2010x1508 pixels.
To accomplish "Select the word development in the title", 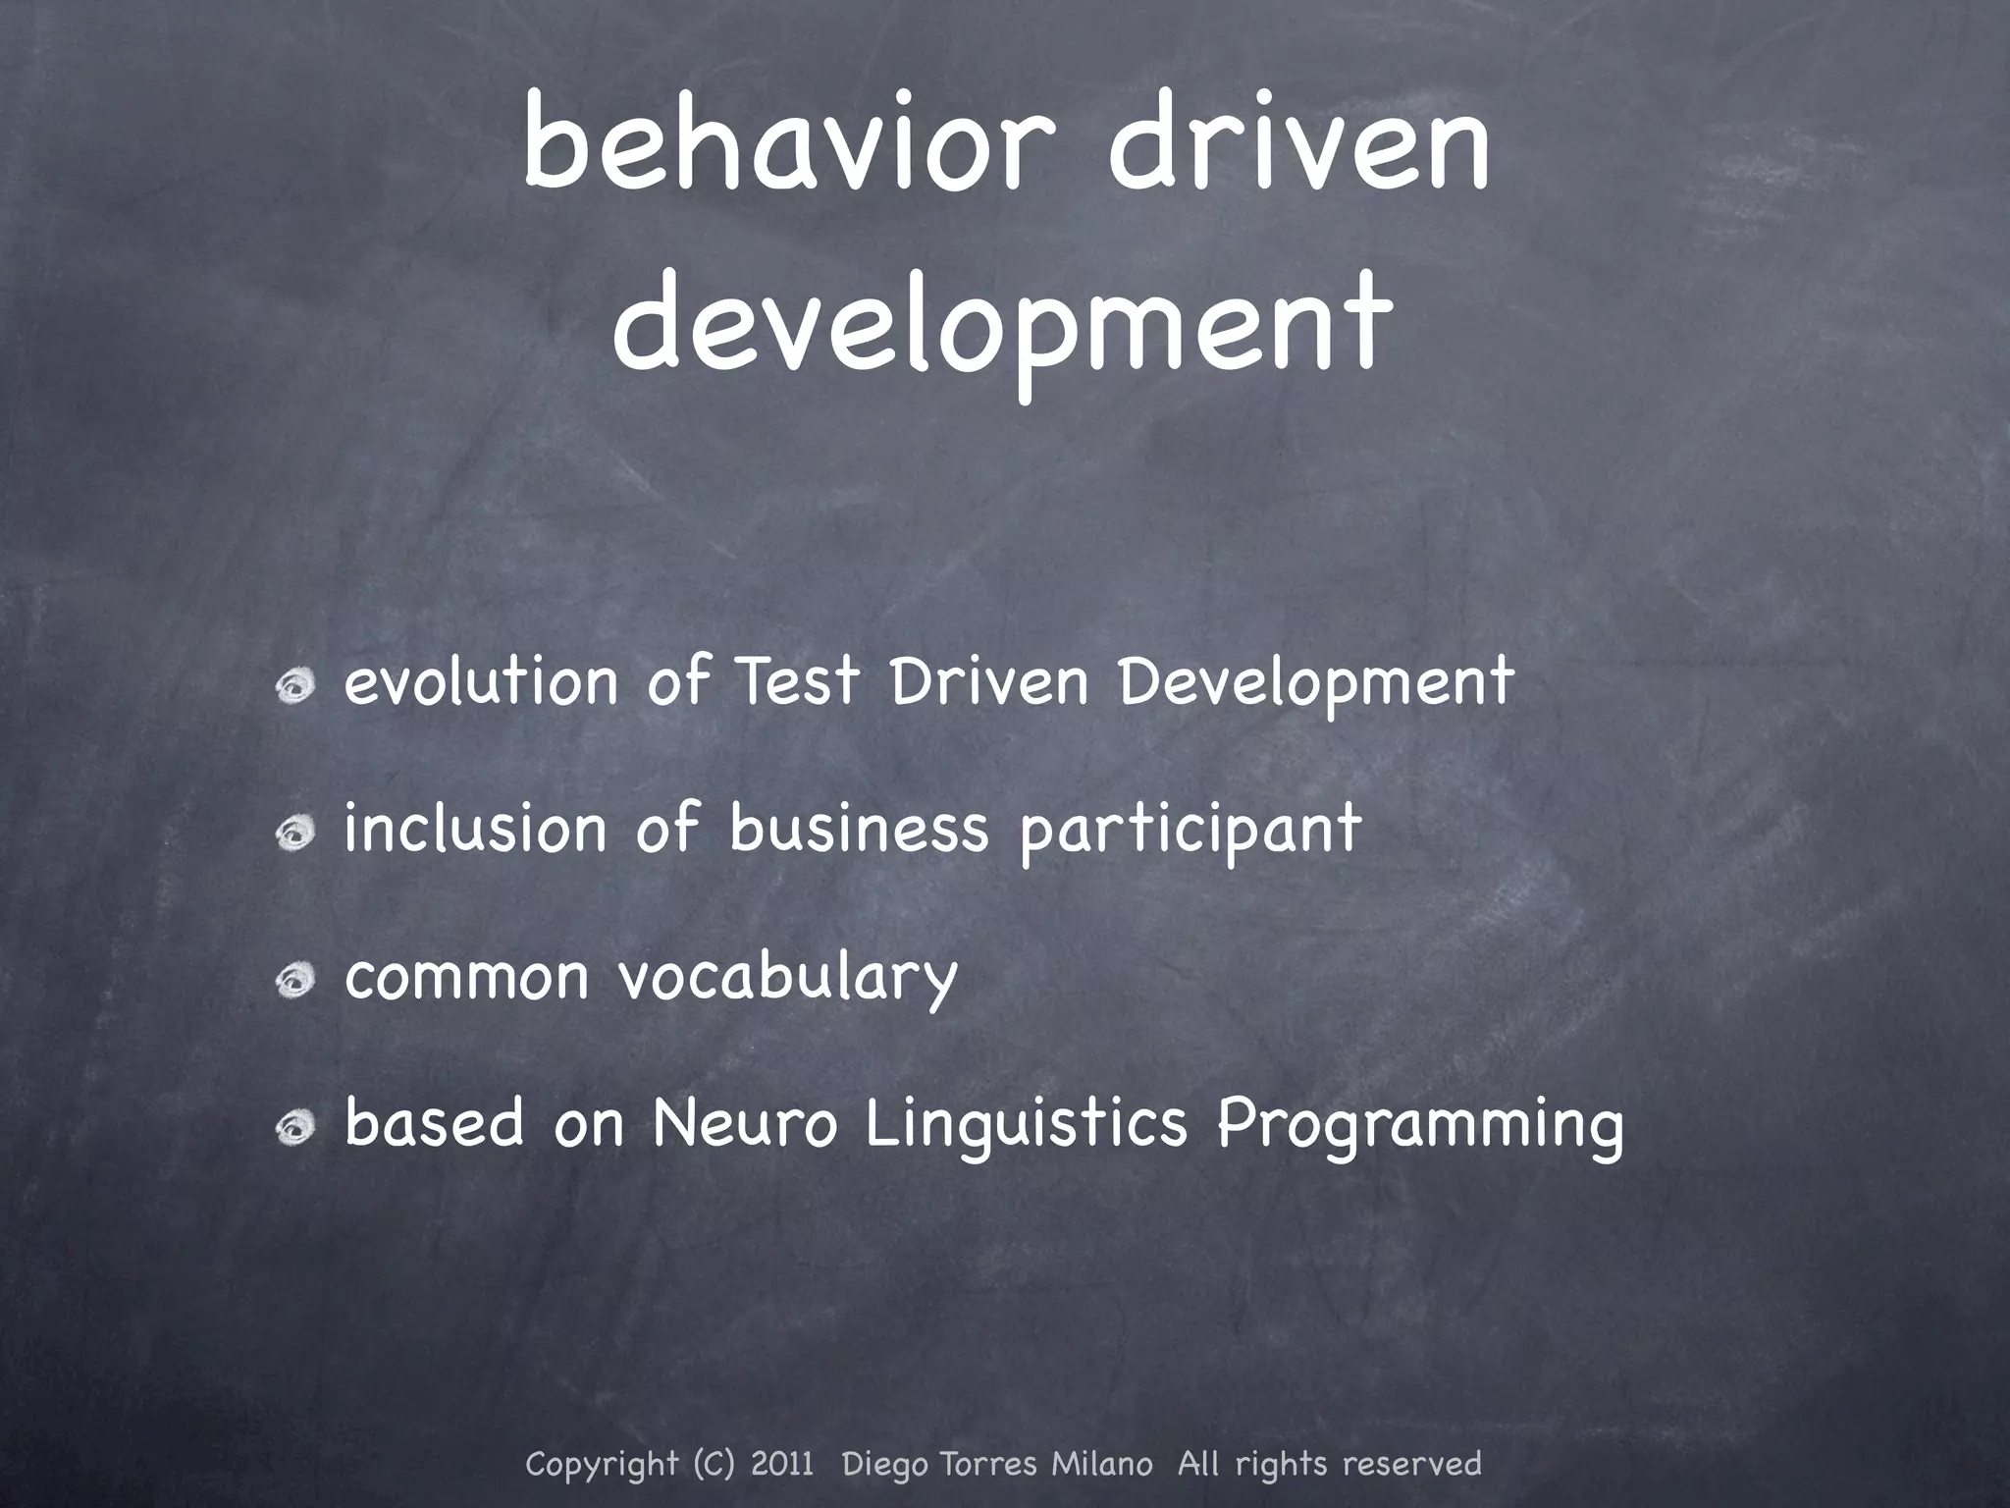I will (1002, 324).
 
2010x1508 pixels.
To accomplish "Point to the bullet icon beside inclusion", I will (293, 833).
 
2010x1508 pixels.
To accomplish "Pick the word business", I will (859, 828).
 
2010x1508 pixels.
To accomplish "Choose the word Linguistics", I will (1027, 1125).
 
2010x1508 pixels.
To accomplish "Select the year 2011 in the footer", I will (782, 1464).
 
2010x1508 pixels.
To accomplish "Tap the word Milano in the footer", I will (1101, 1464).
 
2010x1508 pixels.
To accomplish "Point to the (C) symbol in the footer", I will (713, 1464).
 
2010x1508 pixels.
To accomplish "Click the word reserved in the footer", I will (1411, 1464).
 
